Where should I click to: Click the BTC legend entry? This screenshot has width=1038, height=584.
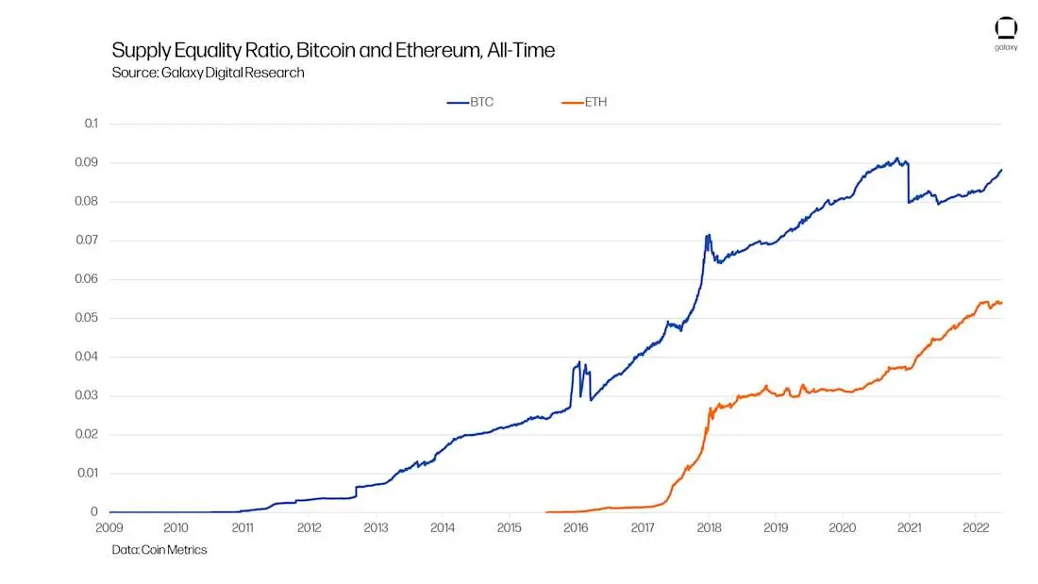[x=471, y=102]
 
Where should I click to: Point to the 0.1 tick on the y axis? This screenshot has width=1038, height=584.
[x=91, y=124]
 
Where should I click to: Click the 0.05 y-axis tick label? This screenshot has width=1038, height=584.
[x=87, y=318]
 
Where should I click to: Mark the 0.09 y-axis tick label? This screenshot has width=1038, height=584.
[x=87, y=162]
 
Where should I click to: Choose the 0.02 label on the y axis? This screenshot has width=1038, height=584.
[x=87, y=435]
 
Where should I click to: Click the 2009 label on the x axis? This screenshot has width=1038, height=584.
[x=110, y=528]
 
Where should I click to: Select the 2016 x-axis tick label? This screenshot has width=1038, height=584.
[x=576, y=528]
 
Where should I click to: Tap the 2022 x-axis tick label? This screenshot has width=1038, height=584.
[x=975, y=528]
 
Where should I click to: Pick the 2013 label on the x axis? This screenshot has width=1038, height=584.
[x=376, y=528]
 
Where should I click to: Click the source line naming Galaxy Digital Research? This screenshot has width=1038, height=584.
[x=208, y=73]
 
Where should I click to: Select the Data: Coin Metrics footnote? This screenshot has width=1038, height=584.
[x=159, y=550]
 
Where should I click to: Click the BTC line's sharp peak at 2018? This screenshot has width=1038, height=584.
[x=708, y=235]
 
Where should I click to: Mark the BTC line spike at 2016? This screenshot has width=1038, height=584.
[x=578, y=362]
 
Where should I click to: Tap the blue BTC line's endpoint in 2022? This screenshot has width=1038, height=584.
[x=1001, y=170]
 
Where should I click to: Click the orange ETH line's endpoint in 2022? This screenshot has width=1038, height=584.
[x=1001, y=302]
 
